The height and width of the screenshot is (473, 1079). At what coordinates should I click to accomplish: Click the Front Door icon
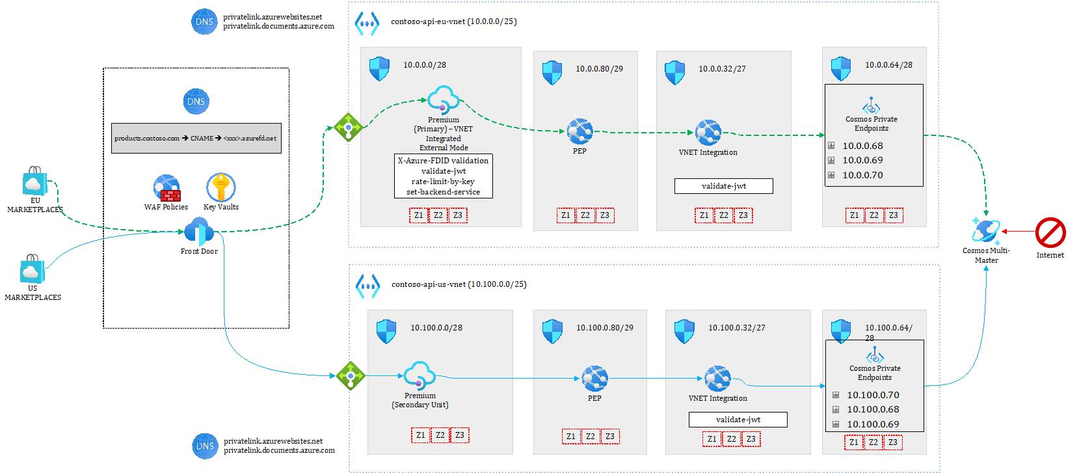[x=198, y=232]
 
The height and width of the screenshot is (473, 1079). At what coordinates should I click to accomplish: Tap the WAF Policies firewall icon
[x=167, y=188]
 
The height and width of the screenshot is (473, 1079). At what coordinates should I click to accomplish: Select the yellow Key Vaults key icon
[x=220, y=187]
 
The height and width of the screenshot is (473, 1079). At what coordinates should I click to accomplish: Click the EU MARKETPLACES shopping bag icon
[x=34, y=181]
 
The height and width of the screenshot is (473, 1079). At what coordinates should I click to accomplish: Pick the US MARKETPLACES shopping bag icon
[x=32, y=269]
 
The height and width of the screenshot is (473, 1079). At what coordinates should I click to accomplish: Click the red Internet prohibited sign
[x=1050, y=233]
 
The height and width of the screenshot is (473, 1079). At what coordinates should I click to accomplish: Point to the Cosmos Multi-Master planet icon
[x=986, y=231]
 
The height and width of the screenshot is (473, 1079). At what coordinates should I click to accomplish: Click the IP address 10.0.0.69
[x=862, y=160]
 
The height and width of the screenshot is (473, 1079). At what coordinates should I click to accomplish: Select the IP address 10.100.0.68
[x=873, y=409]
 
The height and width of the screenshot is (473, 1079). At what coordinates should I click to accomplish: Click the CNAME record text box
[x=196, y=138]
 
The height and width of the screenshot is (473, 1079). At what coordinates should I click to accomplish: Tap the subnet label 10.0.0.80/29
[x=599, y=69]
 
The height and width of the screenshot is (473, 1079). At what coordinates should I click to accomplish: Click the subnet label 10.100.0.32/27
[x=736, y=328]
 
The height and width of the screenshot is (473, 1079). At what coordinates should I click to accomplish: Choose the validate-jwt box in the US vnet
[x=738, y=420]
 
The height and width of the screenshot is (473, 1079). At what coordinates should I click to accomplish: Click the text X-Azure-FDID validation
[x=443, y=161]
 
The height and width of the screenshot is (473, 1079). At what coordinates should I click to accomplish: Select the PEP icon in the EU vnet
[x=579, y=131]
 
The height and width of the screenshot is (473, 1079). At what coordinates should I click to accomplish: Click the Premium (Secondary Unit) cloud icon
[x=419, y=375]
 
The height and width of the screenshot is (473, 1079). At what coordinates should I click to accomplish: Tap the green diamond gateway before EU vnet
[x=348, y=127]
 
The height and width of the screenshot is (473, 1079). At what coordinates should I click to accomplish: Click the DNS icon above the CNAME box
[x=196, y=101]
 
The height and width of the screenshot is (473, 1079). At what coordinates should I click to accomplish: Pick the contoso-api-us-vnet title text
[x=459, y=284]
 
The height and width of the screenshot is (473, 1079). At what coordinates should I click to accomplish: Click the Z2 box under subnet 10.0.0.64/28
[x=873, y=215]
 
